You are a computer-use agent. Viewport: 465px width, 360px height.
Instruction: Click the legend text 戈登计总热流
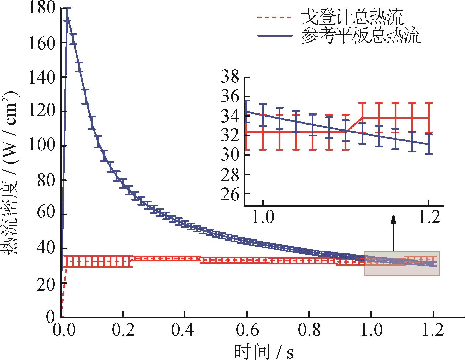352,18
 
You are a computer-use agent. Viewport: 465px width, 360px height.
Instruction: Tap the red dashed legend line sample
274,18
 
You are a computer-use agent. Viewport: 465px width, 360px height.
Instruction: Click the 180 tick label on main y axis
42,9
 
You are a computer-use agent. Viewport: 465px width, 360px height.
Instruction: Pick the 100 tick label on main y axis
42,146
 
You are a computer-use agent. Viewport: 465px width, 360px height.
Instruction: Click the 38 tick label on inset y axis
231,78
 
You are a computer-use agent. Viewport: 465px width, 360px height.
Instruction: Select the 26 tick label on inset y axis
231,193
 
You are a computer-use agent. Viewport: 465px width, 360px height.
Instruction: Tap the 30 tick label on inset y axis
231,155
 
